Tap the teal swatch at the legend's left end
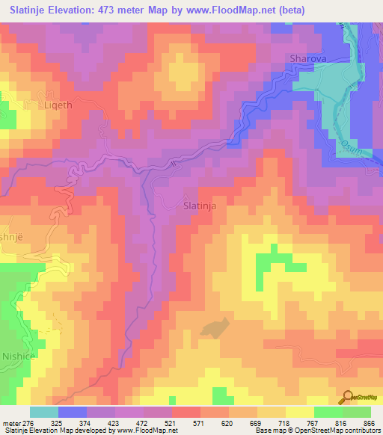pos(44,412)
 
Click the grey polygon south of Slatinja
pos(215,327)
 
